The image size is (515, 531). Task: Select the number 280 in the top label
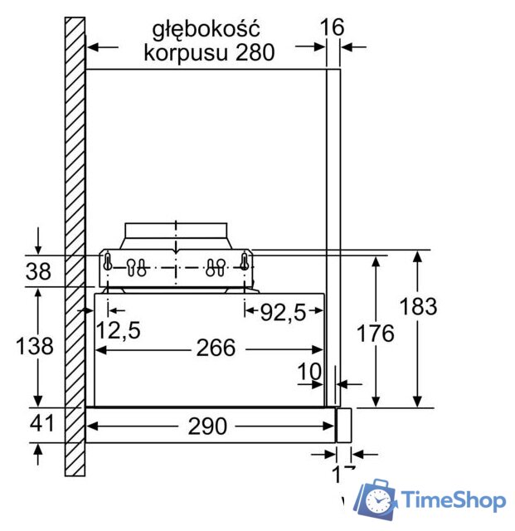click(x=252, y=53)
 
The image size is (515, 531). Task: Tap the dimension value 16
click(x=332, y=27)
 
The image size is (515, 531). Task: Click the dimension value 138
click(x=35, y=346)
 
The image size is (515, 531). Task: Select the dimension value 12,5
click(x=117, y=330)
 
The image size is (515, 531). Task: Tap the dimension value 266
click(x=216, y=348)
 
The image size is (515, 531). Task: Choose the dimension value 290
click(x=207, y=426)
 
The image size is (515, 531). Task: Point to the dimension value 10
click(x=309, y=373)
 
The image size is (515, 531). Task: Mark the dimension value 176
click(x=376, y=333)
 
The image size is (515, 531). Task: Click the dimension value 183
click(x=418, y=306)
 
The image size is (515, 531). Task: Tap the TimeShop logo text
click(x=453, y=499)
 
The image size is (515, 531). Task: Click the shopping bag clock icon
click(x=378, y=499)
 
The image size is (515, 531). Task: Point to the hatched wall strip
click(x=75, y=249)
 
